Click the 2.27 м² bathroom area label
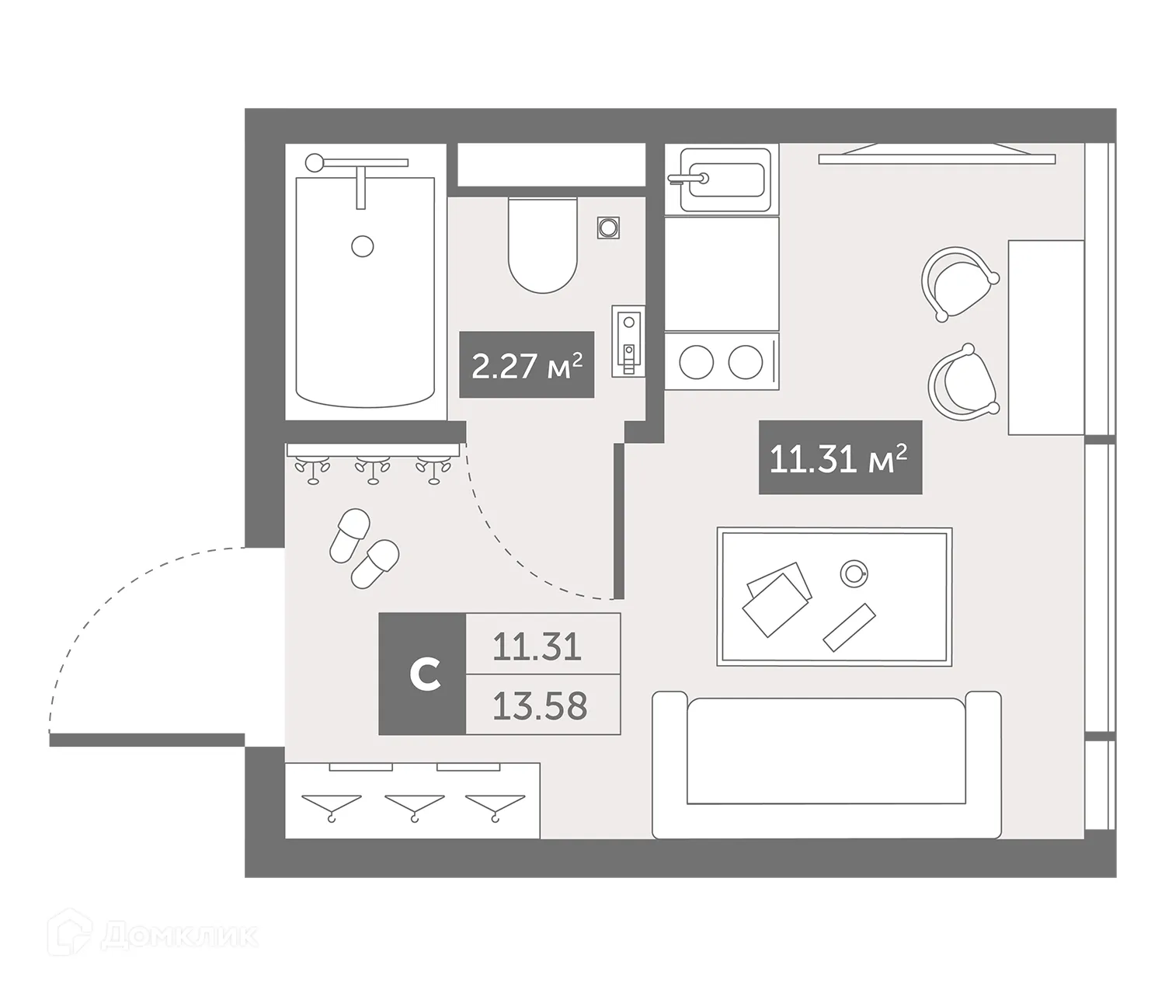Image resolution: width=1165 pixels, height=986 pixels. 527,365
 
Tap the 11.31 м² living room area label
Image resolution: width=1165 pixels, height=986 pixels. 840,458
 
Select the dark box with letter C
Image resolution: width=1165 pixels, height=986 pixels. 423,674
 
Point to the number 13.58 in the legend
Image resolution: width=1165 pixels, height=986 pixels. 541,706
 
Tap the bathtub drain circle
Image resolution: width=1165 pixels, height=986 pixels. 363,246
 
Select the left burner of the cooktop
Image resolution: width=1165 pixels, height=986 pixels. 696,361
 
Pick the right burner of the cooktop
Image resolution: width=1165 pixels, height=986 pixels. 746,361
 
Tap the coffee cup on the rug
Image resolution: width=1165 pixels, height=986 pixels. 854,573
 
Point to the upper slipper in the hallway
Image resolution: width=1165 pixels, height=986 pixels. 349,535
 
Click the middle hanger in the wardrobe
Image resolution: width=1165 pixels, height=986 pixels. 415,804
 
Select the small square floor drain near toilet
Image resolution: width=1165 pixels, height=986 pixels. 609,228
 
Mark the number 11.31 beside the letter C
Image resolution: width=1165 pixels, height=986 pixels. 537,646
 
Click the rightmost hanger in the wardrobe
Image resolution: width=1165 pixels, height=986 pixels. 495,804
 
